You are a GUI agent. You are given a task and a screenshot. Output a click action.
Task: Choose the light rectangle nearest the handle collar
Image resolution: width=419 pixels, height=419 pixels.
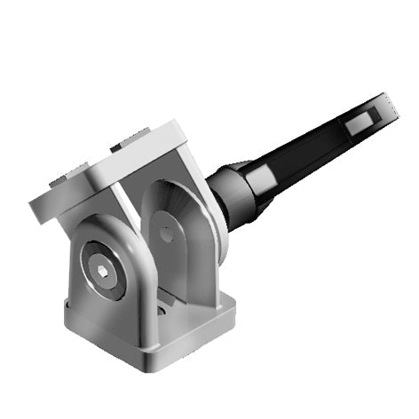tap(264, 181)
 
